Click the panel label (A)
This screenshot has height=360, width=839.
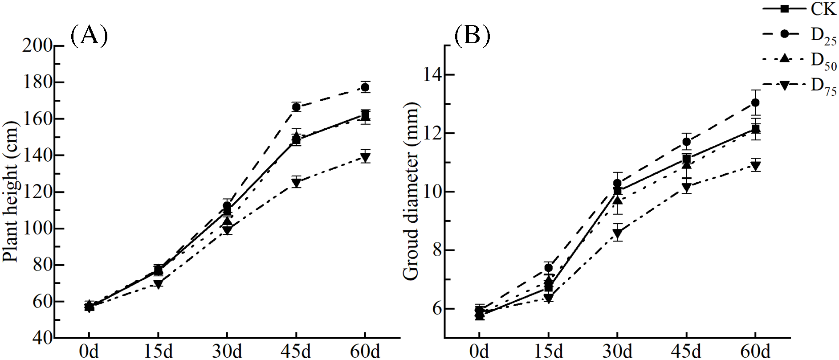click(89, 36)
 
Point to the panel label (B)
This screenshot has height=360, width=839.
click(472, 36)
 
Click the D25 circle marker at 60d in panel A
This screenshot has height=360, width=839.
click(365, 87)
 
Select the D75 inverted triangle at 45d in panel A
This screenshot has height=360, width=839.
click(296, 182)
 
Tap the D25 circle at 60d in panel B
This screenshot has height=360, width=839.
click(755, 102)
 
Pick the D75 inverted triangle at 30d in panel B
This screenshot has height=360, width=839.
click(617, 233)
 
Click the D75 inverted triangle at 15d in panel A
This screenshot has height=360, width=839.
click(158, 284)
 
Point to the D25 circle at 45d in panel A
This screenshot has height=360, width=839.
click(296, 107)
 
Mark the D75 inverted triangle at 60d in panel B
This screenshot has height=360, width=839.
click(755, 166)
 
